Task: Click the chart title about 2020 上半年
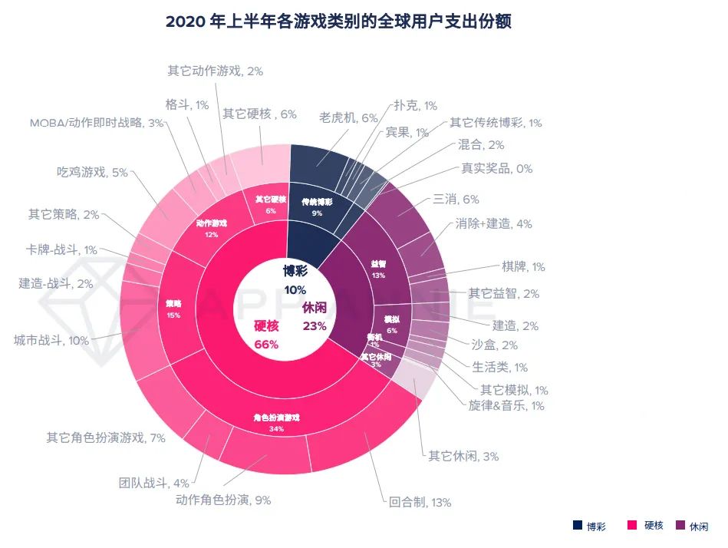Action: tap(338, 21)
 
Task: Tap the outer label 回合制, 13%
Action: tap(420, 503)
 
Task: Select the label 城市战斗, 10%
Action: tap(51, 339)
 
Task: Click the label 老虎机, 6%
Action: tap(348, 117)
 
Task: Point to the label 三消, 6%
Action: tap(456, 200)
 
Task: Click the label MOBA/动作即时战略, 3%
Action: tap(97, 123)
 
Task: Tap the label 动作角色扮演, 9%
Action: tap(223, 500)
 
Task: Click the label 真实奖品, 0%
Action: tap(496, 168)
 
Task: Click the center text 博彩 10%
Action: tap(295, 279)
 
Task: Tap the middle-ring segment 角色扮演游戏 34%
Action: tap(275, 423)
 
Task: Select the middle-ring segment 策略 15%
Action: tap(174, 306)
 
